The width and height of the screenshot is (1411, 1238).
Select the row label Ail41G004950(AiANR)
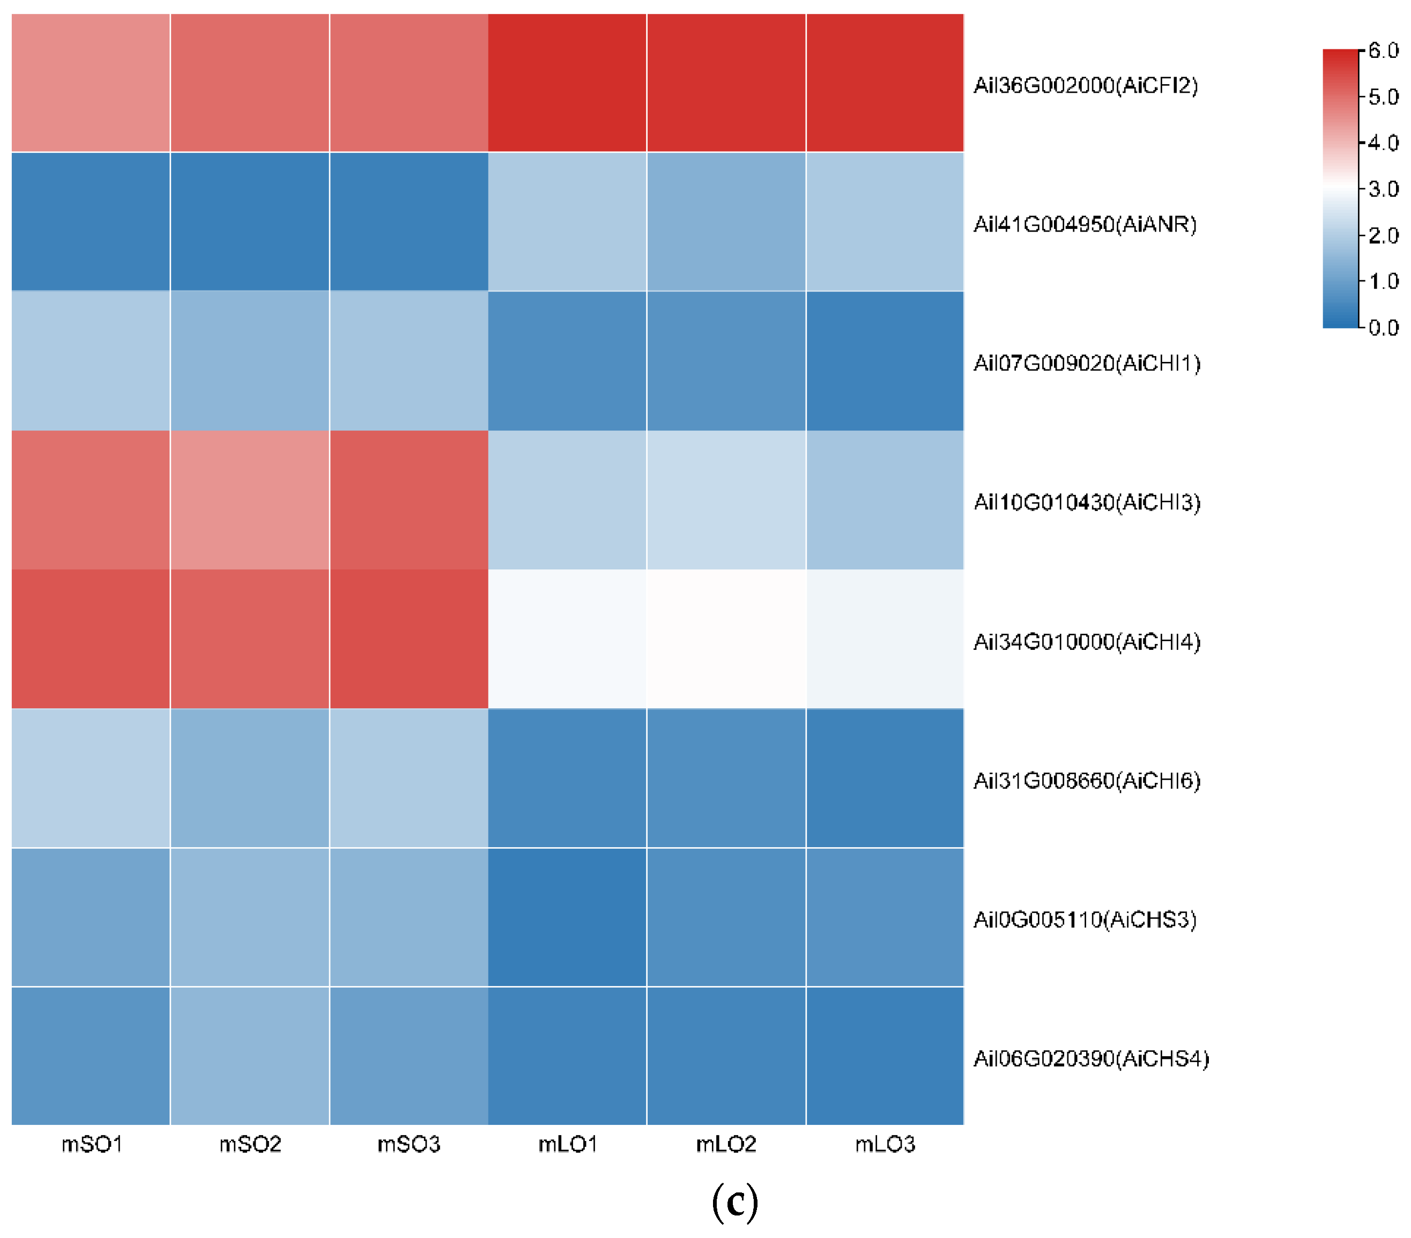click(1085, 225)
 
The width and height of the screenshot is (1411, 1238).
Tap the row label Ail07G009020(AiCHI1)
click(1087, 363)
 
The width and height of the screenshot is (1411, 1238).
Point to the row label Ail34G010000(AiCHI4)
click(1087, 641)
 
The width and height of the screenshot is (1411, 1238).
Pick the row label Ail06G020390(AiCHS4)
click(1091, 1058)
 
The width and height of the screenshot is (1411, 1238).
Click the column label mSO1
click(92, 1144)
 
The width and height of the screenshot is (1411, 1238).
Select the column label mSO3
click(409, 1144)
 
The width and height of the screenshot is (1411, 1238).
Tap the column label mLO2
click(725, 1144)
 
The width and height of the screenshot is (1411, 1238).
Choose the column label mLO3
click(885, 1144)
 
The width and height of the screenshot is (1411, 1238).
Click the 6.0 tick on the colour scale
click(1383, 50)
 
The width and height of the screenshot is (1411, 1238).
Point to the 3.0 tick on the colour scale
click(1383, 189)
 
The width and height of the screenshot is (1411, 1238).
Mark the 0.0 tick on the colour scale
click(1383, 327)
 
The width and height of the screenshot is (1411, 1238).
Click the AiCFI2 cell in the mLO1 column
click(567, 83)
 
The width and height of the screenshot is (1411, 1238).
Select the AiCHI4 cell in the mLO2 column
click(725, 639)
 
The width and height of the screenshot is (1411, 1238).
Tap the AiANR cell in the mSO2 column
click(250, 221)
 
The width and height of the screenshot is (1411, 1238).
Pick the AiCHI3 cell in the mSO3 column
click(409, 500)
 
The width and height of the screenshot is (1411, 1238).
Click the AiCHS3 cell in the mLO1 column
click(567, 917)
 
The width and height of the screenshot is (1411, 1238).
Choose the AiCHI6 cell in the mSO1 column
click(91, 778)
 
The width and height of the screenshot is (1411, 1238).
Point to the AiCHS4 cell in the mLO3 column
click(885, 1056)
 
